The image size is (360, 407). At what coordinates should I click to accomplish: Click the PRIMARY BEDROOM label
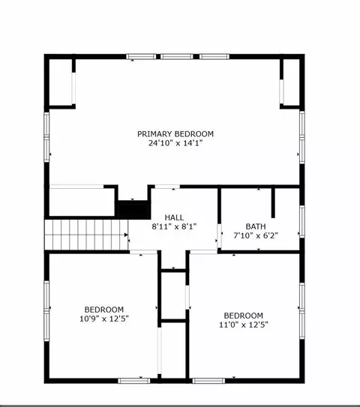175,134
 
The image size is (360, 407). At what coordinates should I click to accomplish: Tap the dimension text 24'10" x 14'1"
175,143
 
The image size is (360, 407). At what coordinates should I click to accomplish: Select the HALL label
174,217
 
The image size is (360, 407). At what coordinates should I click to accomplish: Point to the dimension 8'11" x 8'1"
174,226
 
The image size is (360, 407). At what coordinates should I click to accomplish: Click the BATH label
256,226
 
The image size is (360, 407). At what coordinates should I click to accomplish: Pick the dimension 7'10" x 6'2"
256,235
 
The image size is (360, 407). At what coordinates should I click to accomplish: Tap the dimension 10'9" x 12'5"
104,319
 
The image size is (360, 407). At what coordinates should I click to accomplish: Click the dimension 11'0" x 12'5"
244,325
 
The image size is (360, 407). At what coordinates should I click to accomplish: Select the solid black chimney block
133,210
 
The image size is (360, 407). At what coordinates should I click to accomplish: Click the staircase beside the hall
86,235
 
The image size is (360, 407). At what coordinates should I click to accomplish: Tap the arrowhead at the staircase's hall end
126,235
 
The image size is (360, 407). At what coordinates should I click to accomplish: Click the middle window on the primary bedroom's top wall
176,56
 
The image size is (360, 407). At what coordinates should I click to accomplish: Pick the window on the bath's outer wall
302,221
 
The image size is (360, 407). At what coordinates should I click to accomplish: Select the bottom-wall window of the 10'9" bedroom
134,381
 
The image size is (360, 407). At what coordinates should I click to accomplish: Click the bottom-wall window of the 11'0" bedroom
208,381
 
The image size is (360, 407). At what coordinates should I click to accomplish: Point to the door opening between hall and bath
219,235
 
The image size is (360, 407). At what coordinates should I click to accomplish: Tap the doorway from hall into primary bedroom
167,187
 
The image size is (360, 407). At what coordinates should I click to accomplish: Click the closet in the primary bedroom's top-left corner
61,82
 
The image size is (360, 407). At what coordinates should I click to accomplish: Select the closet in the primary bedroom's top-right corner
291,82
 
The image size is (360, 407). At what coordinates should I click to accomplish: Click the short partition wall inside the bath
273,203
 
